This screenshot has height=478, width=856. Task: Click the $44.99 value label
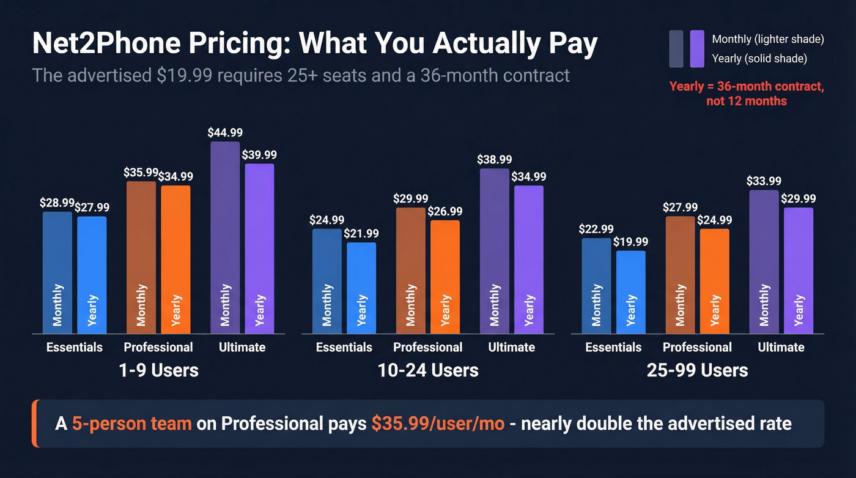[x=224, y=133]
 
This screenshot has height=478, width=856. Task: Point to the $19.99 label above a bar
[x=630, y=242]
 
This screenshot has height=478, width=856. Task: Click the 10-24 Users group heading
[x=427, y=370]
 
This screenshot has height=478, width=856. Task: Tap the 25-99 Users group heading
[x=697, y=370]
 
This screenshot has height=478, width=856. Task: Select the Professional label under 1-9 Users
[x=158, y=348]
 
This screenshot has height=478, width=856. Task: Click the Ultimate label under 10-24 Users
[x=511, y=348]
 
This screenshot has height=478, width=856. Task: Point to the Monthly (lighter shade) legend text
[x=768, y=39]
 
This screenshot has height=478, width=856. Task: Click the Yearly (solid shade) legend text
[x=759, y=59]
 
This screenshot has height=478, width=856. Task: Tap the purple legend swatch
[x=696, y=48]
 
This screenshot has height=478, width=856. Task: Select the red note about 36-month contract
[x=747, y=94]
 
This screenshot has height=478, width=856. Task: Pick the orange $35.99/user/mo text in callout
[x=438, y=424]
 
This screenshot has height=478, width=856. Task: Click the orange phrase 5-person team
[x=131, y=424]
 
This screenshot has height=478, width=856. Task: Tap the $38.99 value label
[x=494, y=160]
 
